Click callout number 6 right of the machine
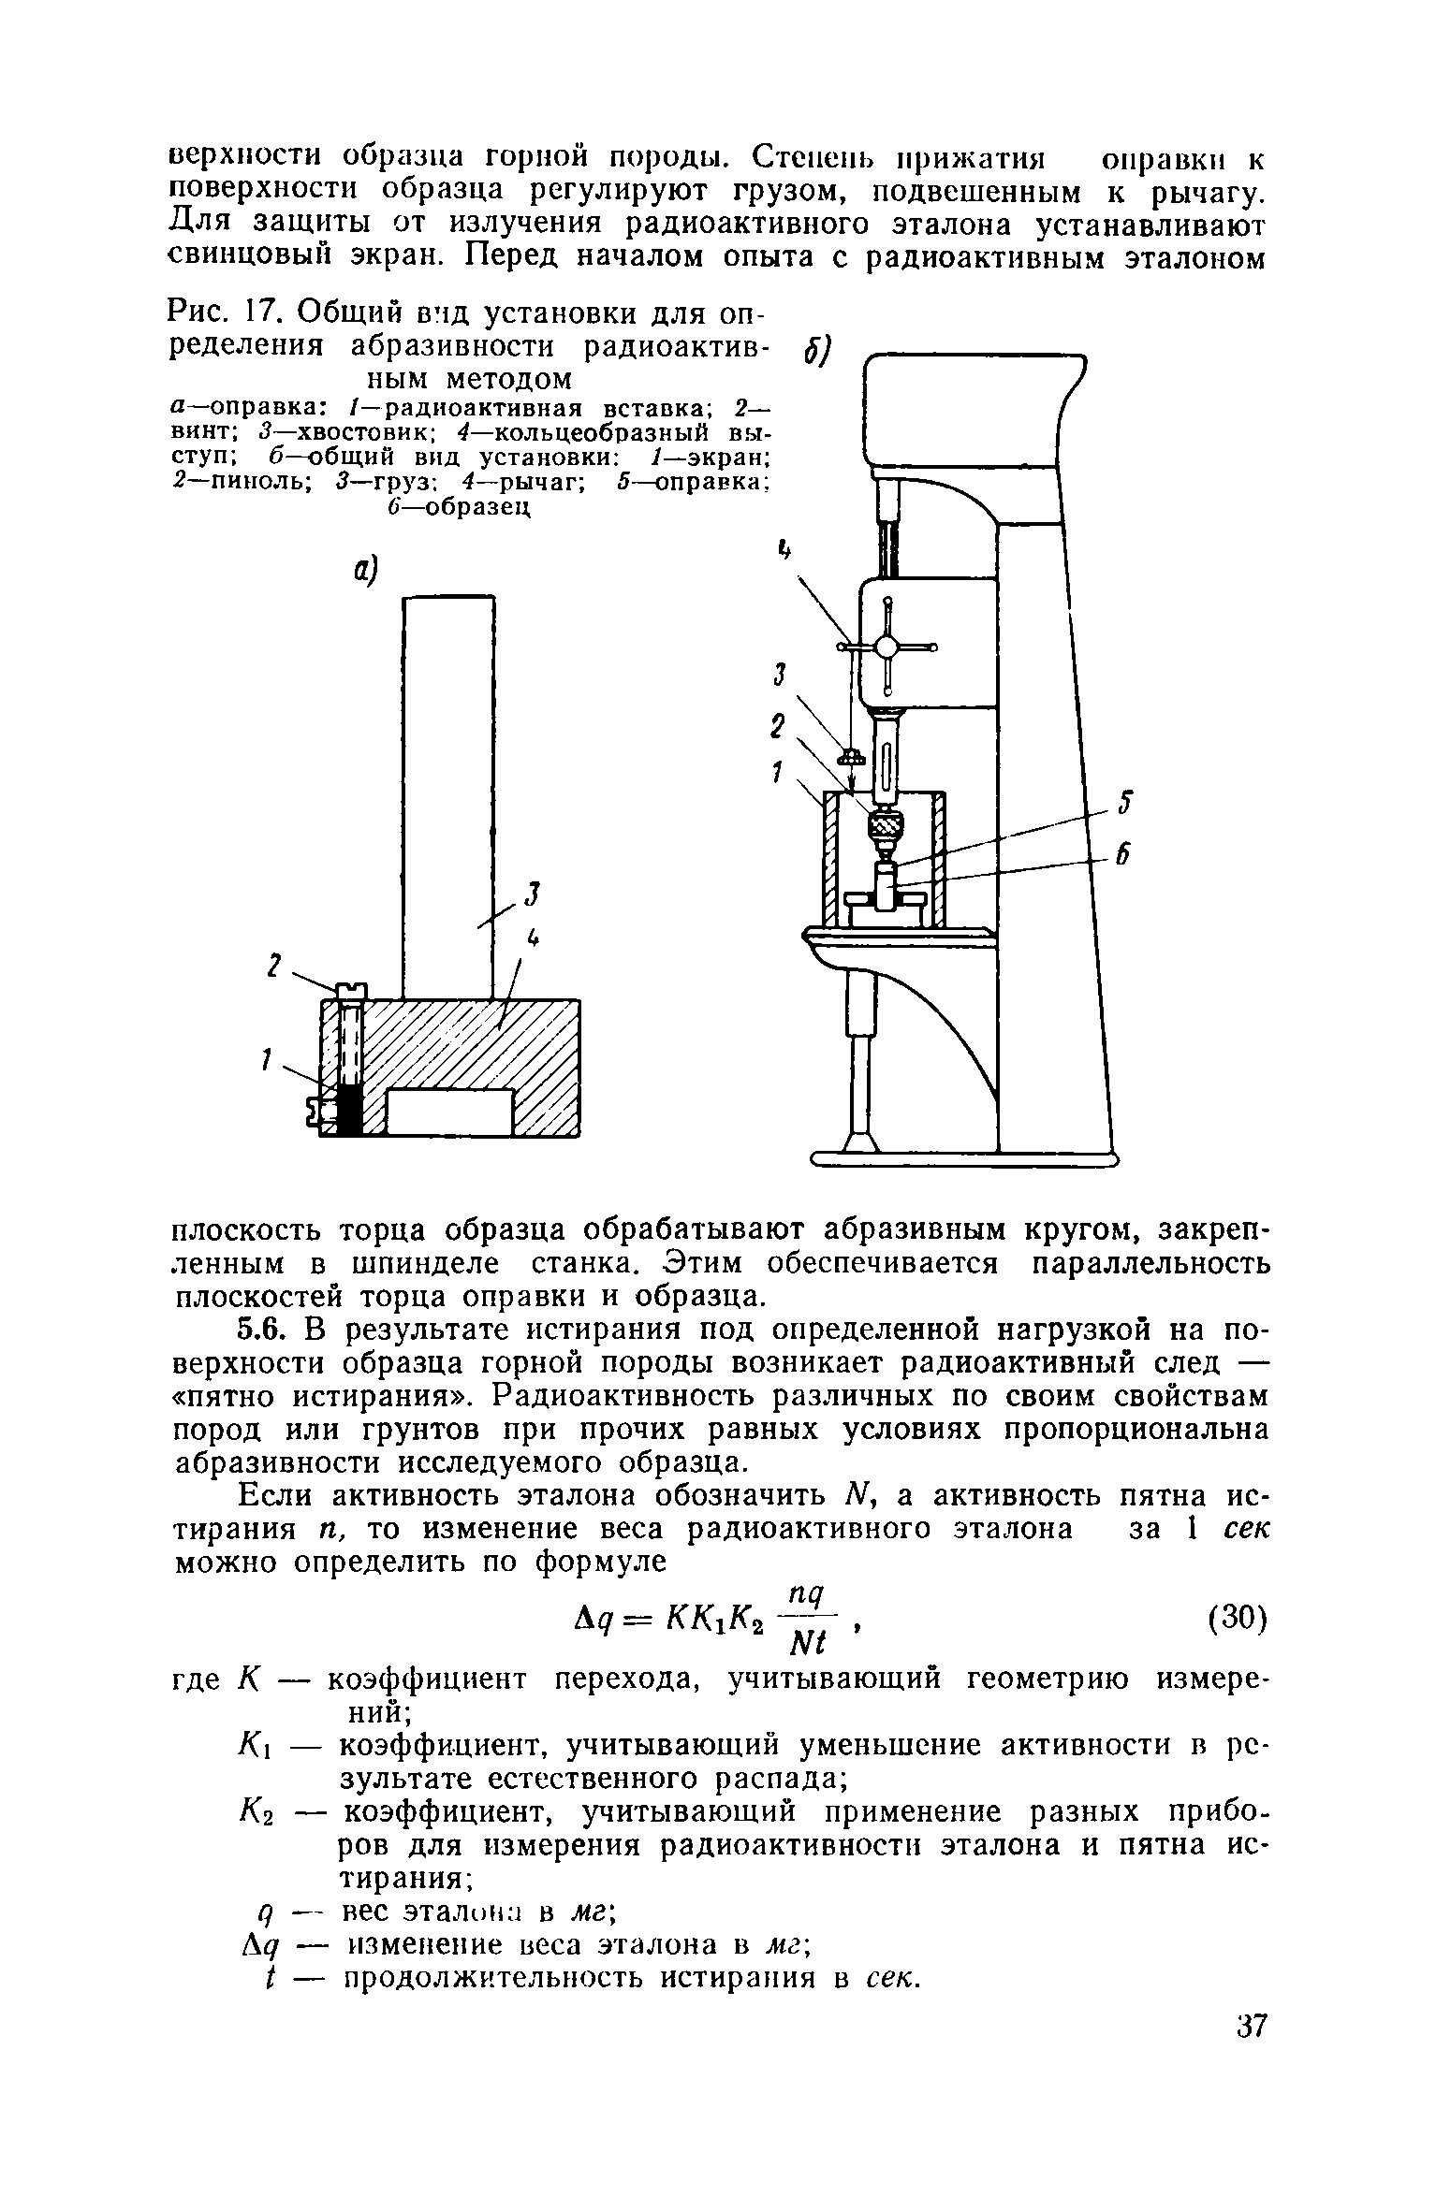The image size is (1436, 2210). pyautogui.click(x=1127, y=854)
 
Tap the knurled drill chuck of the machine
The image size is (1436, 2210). pyautogui.click(x=883, y=826)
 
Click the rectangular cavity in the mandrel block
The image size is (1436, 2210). pyautogui.click(x=450, y=1111)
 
